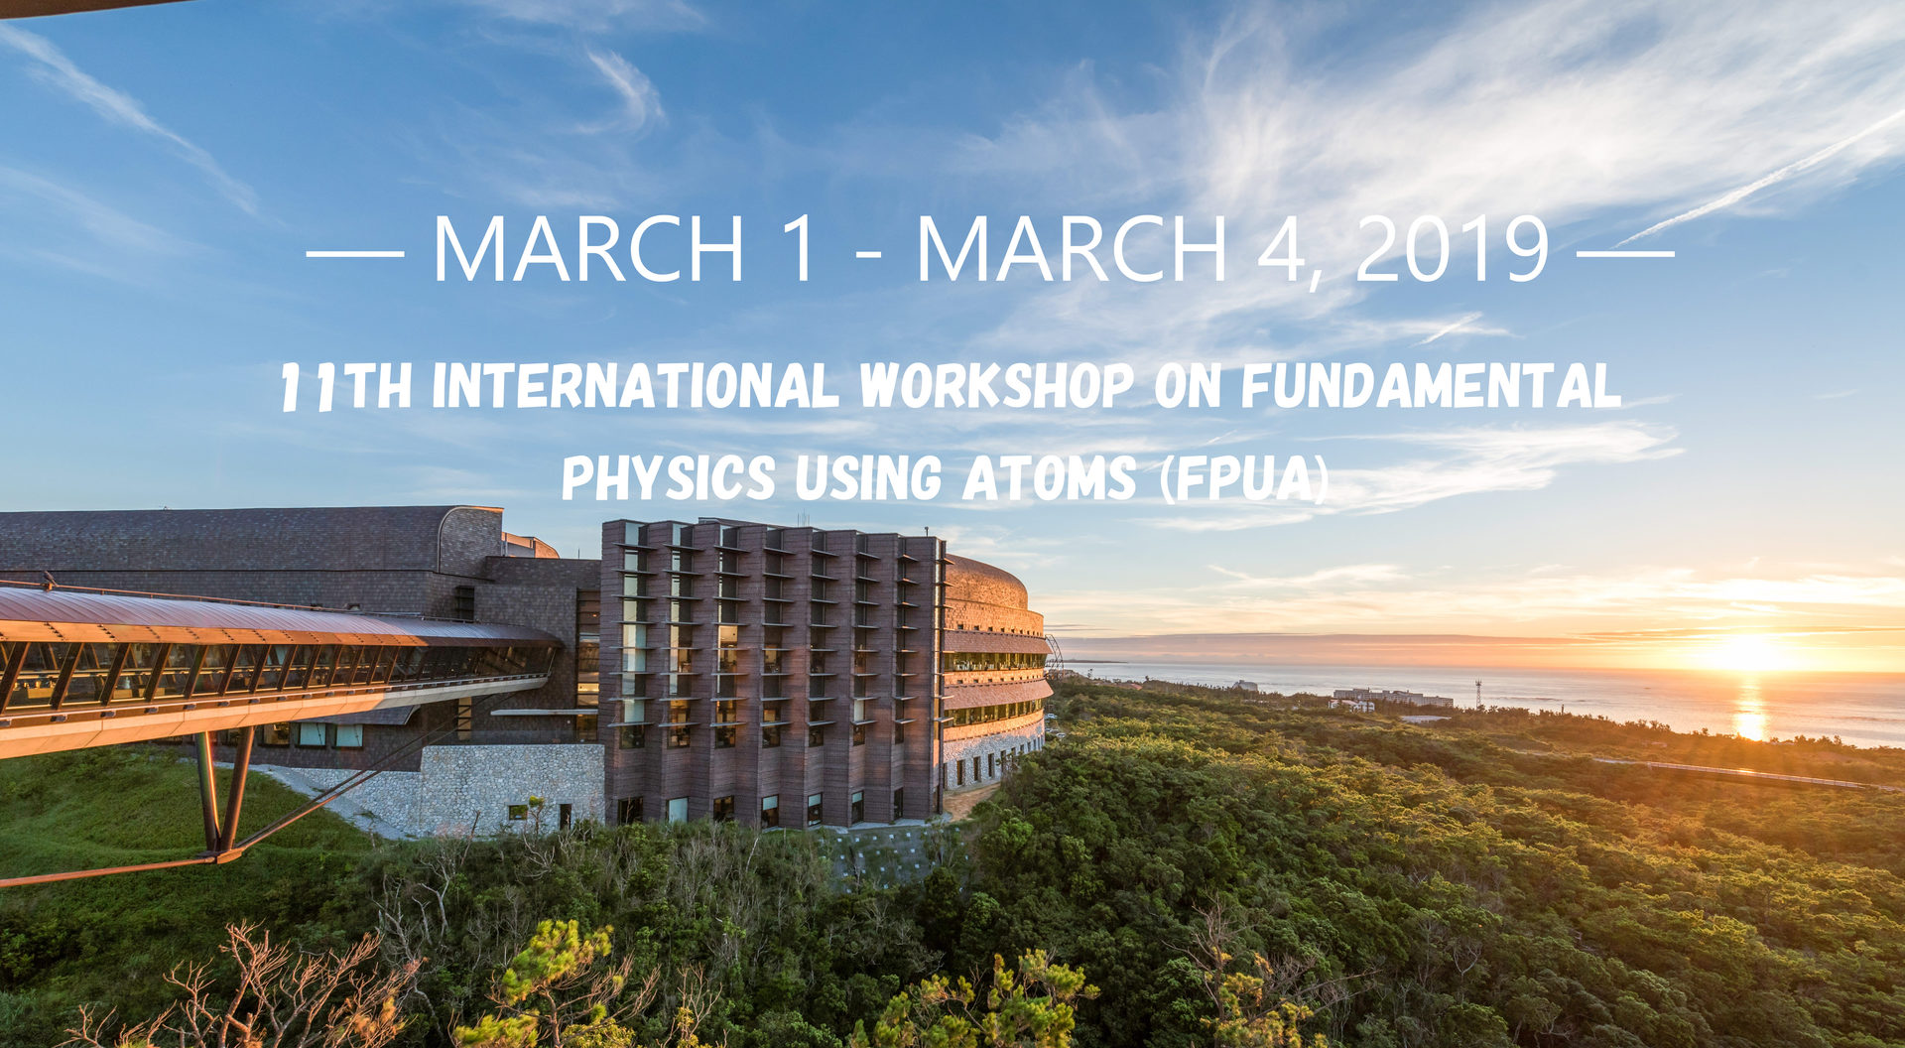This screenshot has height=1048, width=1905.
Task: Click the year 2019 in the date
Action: click(x=1452, y=248)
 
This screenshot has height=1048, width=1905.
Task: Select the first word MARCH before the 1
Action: click(x=588, y=249)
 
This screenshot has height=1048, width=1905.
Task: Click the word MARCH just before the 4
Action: click(x=1072, y=249)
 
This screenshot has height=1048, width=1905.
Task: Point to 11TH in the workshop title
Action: click(x=346, y=386)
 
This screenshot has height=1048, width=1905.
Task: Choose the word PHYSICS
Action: click(x=669, y=477)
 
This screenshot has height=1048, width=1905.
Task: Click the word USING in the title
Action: click(x=868, y=477)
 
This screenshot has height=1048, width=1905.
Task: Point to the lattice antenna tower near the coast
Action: click(x=1478, y=693)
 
